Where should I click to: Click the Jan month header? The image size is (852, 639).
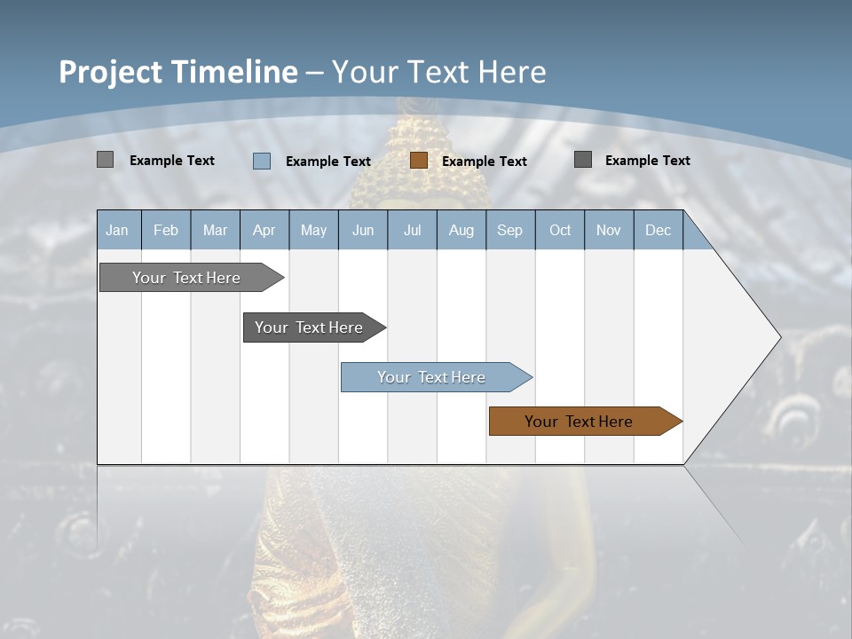tap(117, 231)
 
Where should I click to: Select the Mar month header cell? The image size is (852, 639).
tap(215, 231)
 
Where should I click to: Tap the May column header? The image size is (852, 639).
tap(313, 231)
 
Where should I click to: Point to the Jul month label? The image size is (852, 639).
tap(412, 231)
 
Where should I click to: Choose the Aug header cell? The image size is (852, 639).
tap(461, 231)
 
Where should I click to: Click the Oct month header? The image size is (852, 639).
tap(560, 231)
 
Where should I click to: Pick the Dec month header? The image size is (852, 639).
tap(658, 231)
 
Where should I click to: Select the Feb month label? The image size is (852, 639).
tap(166, 231)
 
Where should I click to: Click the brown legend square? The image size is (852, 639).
tap(419, 161)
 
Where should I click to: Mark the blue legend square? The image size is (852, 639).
tap(262, 161)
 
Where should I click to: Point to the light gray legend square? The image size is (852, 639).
tap(105, 160)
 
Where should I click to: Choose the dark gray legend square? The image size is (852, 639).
tap(583, 160)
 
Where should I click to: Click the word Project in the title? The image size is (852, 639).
tap(111, 72)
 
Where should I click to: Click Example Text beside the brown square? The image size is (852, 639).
tap(484, 162)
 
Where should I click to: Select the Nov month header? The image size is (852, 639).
tap(609, 231)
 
